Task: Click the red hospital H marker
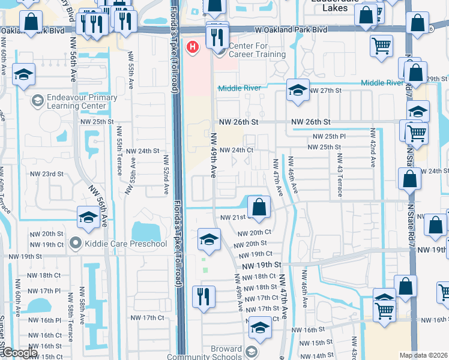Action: (193, 47)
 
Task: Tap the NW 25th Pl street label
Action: (327, 137)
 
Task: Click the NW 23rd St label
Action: (46, 174)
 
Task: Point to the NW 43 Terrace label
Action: (339, 175)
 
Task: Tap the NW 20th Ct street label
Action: (255, 233)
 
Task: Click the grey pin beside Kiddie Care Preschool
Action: (75, 244)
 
